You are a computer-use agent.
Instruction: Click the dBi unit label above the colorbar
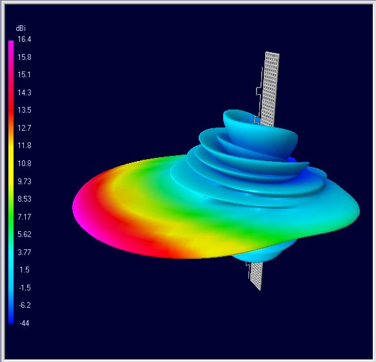pyautogui.click(x=21, y=28)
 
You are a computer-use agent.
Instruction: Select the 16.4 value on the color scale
pyautogui.click(x=25, y=39)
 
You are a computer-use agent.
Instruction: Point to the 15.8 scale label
pyautogui.click(x=25, y=57)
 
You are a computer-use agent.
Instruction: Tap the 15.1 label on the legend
pyautogui.click(x=25, y=75)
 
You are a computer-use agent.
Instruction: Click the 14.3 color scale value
pyautogui.click(x=25, y=92)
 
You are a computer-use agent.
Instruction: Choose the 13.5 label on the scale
pyautogui.click(x=25, y=110)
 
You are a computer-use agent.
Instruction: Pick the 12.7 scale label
pyautogui.click(x=25, y=128)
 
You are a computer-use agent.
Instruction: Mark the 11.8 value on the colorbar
pyautogui.click(x=25, y=146)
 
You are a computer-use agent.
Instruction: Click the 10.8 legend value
pyautogui.click(x=25, y=163)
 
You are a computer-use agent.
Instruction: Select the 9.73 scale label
pyautogui.click(x=25, y=181)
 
